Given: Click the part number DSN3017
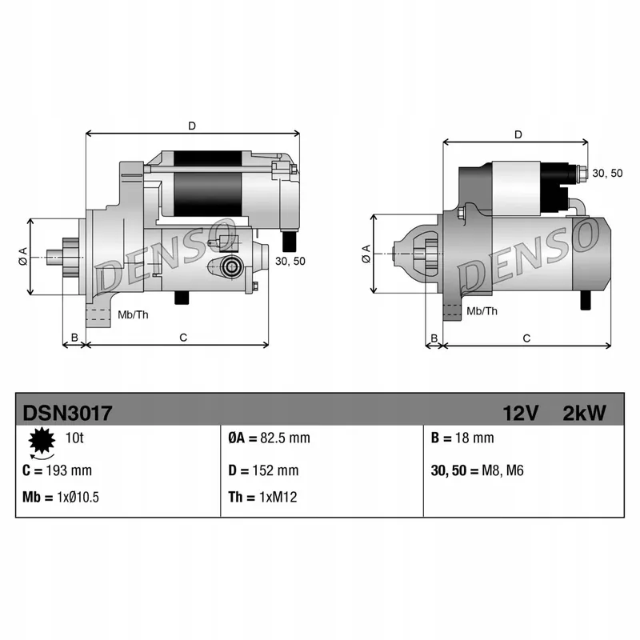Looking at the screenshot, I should [x=67, y=413].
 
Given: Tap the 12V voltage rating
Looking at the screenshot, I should [x=521, y=413].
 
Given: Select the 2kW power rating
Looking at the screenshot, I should [x=585, y=413].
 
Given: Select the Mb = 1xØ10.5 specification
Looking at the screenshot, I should [x=61, y=498].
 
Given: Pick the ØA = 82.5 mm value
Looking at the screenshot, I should [x=269, y=438].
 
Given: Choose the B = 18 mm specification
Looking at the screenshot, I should [x=462, y=438].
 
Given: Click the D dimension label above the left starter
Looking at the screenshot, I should [x=192, y=126].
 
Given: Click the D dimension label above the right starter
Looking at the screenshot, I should [x=518, y=134].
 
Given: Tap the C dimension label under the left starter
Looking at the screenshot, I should [x=182, y=338].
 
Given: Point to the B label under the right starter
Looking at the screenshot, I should [x=434, y=338].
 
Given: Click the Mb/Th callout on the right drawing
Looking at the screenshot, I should [x=482, y=312].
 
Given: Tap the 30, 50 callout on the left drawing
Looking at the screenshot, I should [x=290, y=262].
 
